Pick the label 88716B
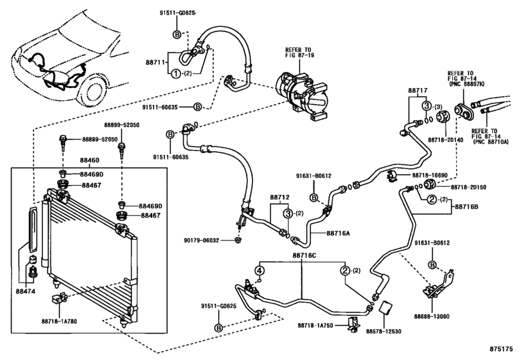[x=472, y=206]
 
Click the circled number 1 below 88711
[x=174, y=73]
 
